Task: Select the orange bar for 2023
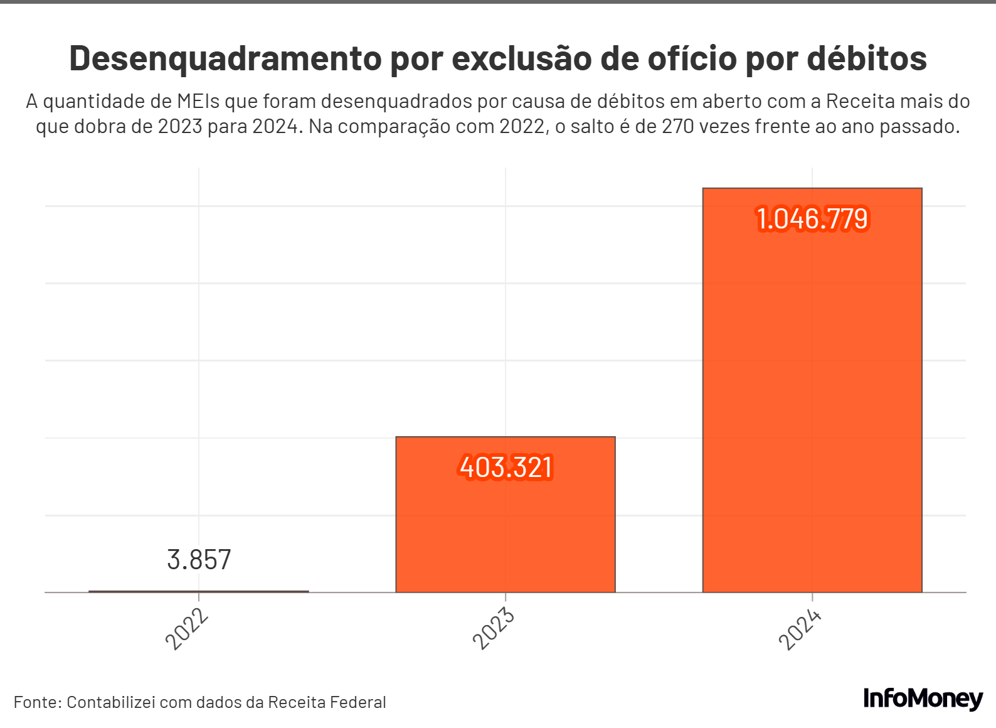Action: tap(506, 527)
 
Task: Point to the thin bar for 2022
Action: tap(199, 591)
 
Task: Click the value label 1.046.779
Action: tap(812, 219)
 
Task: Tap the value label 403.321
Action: tap(506, 468)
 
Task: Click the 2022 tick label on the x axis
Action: tap(187, 629)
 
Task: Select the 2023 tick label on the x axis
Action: tap(494, 629)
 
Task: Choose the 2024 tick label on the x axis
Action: tap(800, 629)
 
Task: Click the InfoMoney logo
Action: tap(923, 699)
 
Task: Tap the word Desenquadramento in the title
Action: tap(225, 59)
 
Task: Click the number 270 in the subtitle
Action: tap(677, 127)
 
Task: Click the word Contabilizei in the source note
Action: tap(111, 702)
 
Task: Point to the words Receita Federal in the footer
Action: tap(327, 702)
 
